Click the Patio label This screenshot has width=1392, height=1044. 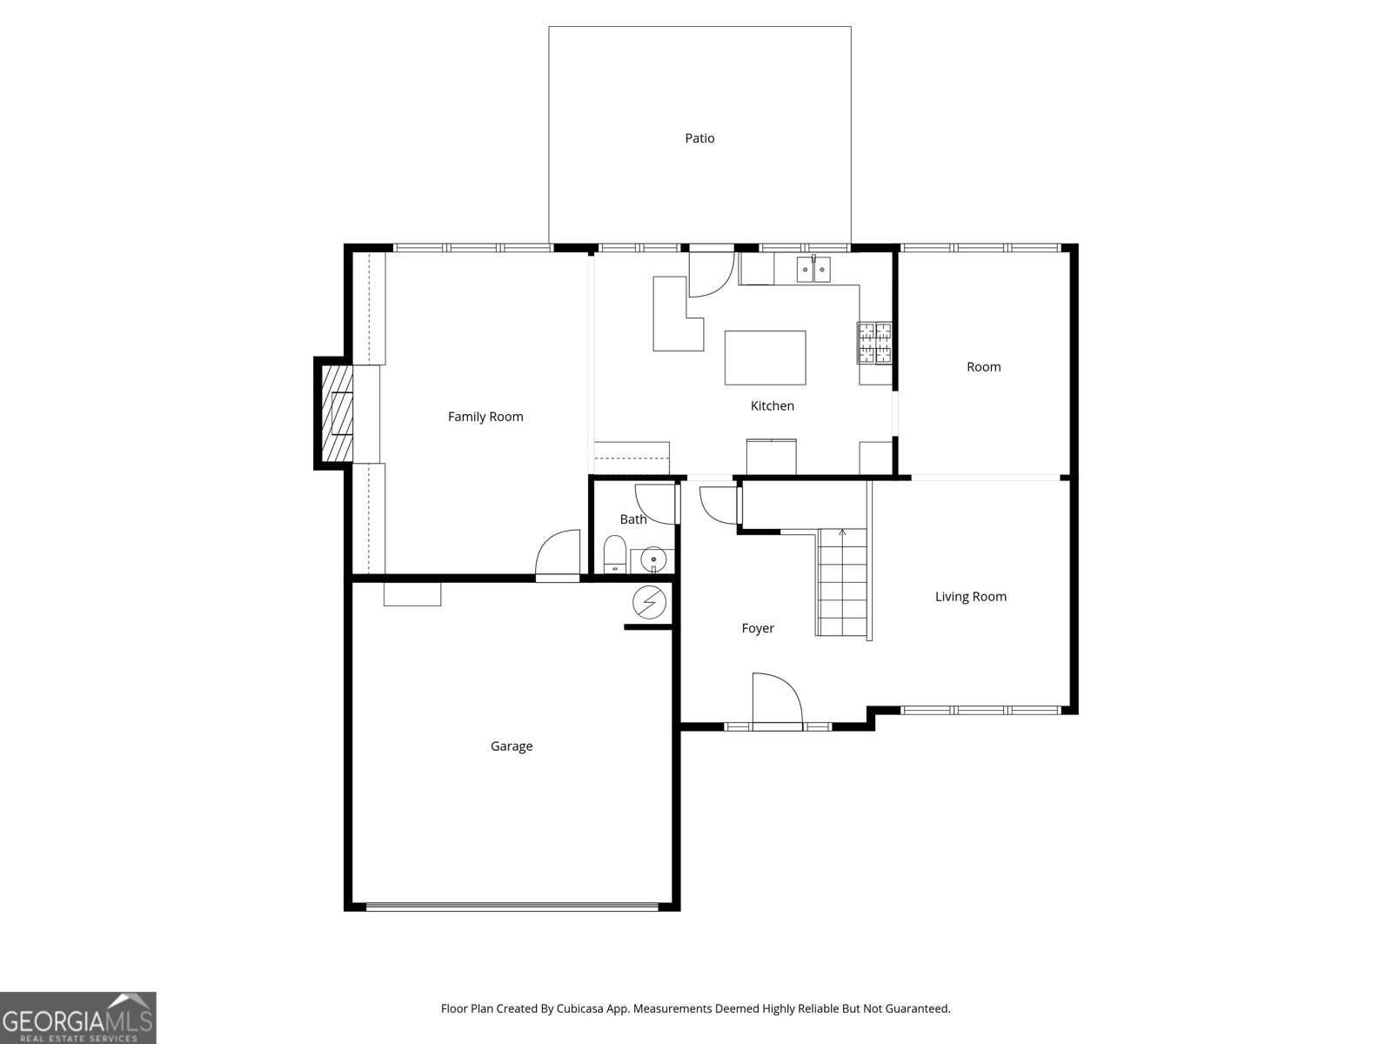click(x=699, y=138)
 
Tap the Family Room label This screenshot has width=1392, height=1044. click(x=485, y=417)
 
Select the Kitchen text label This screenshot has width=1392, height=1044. click(x=772, y=405)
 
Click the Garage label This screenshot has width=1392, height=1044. click(x=512, y=746)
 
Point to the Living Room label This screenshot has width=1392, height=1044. click(x=970, y=597)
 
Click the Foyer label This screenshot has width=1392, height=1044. click(x=757, y=628)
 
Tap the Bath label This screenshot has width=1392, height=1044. click(x=633, y=519)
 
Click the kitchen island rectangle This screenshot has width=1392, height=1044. click(x=765, y=358)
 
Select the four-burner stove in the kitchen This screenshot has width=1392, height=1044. click(x=874, y=342)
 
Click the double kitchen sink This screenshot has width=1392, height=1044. click(x=814, y=270)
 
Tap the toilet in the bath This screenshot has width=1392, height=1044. click(x=614, y=555)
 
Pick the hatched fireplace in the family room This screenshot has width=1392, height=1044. click(x=338, y=412)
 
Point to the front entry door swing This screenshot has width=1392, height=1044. click(x=776, y=699)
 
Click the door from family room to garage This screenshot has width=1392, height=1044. click(x=559, y=555)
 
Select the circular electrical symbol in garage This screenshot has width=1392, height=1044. click(x=649, y=601)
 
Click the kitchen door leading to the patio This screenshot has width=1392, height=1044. click(x=711, y=273)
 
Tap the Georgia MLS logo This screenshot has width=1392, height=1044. click(x=78, y=1018)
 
